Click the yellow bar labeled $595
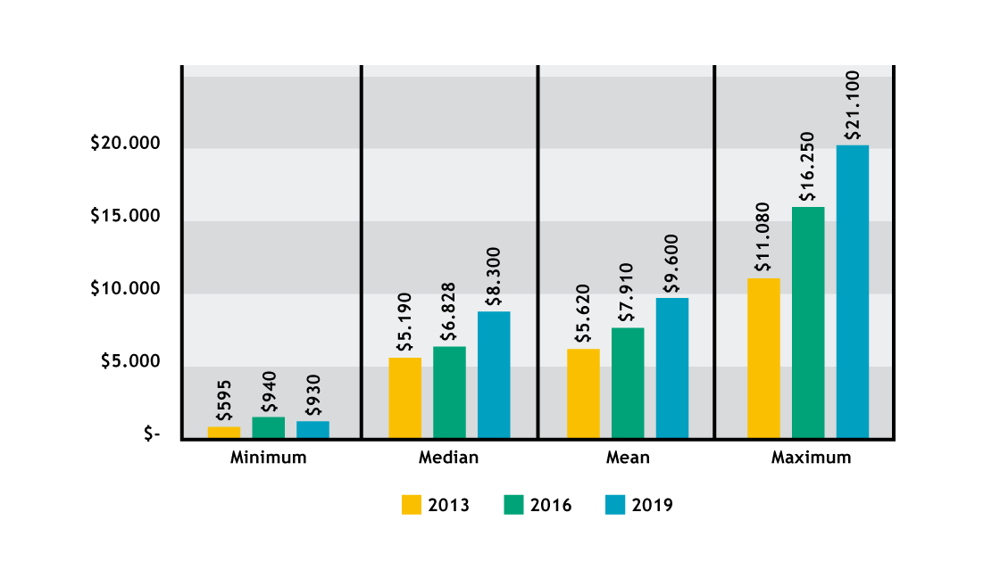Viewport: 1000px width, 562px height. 224,433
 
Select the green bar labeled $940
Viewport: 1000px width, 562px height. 269,427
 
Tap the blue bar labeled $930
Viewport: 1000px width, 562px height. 312,430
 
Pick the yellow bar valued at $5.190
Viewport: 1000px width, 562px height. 404,398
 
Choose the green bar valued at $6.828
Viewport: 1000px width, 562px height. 449,393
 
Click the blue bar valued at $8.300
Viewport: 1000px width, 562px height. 494,375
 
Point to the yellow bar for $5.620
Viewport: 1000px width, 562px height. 583,393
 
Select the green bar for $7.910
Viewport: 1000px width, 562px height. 628,383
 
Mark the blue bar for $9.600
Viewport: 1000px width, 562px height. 672,368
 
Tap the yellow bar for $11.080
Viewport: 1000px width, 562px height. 763,358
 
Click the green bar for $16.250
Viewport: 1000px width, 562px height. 808,322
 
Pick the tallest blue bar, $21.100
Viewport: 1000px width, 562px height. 853,292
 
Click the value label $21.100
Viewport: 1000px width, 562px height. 853,104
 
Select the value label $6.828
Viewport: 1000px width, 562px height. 449,311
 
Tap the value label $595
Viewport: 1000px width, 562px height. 224,401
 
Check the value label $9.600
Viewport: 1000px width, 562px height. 672,263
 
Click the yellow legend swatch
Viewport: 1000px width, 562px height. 412,504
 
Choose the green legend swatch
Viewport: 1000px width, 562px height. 513,504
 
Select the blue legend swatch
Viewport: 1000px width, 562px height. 615,504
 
